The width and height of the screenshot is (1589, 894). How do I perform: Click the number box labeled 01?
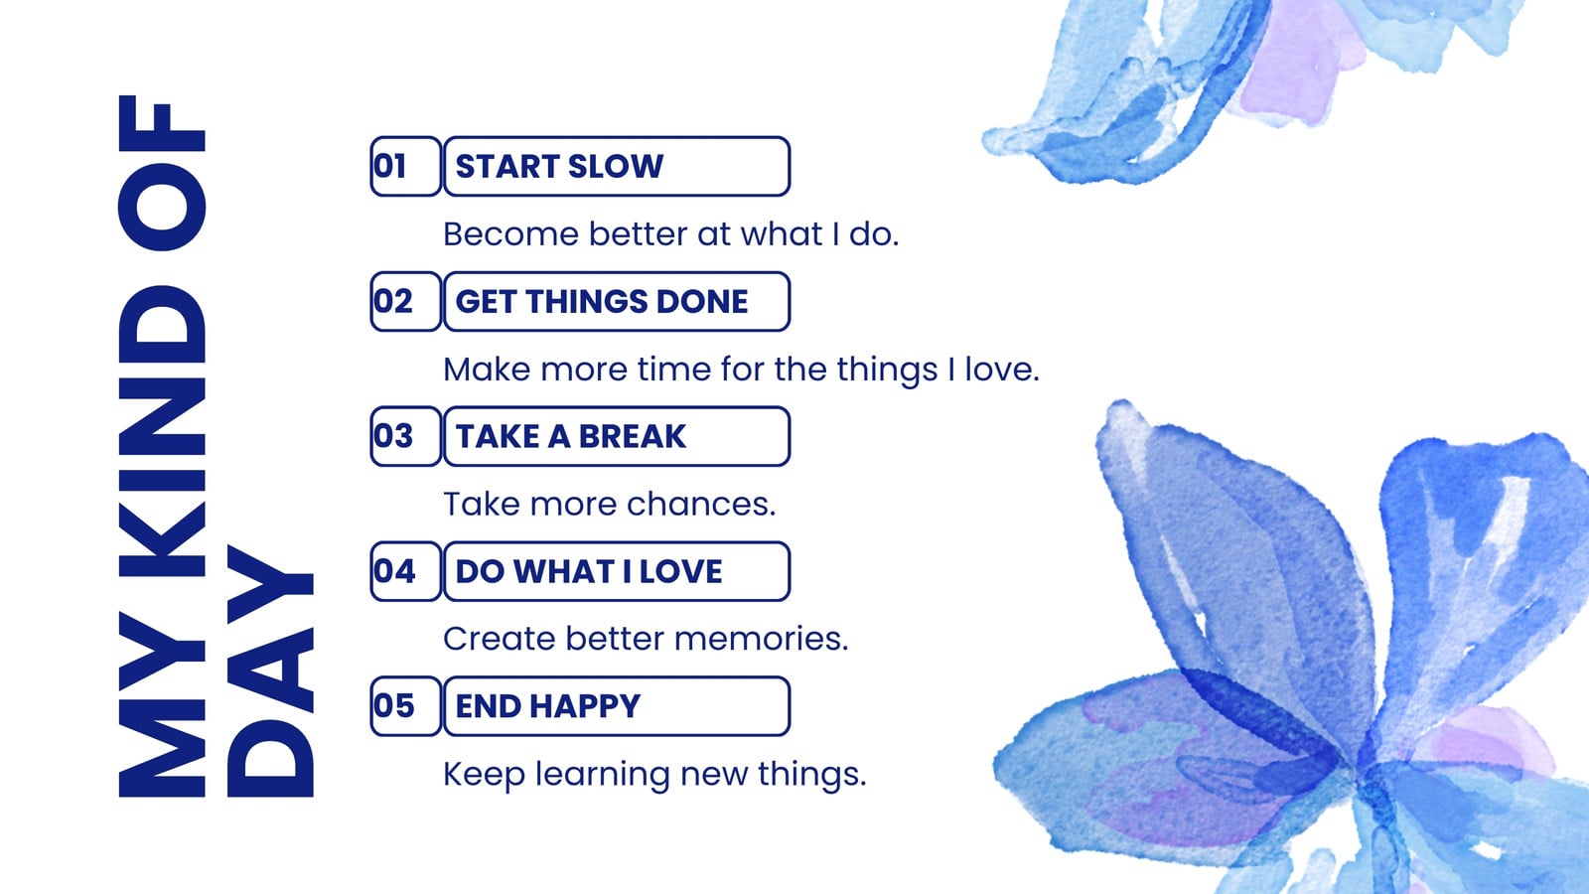click(x=406, y=166)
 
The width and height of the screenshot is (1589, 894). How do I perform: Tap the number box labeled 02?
click(x=406, y=302)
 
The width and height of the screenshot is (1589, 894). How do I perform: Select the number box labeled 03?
click(x=406, y=436)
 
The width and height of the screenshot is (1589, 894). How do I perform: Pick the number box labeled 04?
click(x=406, y=571)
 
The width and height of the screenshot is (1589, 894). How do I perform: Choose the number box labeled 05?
click(x=406, y=706)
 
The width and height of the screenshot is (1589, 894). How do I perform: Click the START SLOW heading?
click(x=559, y=166)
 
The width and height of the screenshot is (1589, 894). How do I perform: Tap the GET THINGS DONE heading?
click(x=602, y=302)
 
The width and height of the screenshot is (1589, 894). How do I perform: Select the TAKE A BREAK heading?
click(x=571, y=436)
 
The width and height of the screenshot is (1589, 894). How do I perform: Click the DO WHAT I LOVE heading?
click(x=589, y=571)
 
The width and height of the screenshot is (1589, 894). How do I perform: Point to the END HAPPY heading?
click(x=547, y=706)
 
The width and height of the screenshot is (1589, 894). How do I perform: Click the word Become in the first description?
click(x=510, y=234)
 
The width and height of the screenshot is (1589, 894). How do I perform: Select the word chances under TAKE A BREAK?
click(x=701, y=504)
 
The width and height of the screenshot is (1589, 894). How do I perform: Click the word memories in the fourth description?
click(x=761, y=639)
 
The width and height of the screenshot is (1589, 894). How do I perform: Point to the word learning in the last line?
click(x=602, y=775)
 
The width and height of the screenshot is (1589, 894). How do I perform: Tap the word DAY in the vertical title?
click(x=270, y=671)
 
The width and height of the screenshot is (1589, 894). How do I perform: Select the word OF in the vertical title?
click(x=162, y=173)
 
